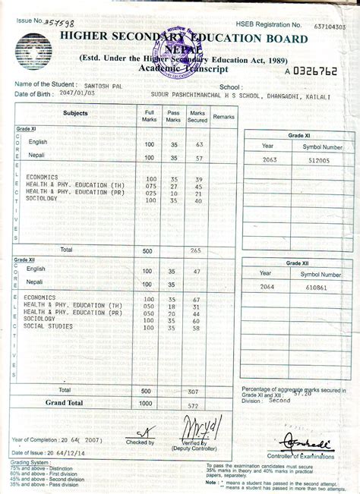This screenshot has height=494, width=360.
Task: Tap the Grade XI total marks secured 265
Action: [195, 250]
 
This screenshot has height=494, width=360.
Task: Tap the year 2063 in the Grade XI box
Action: [270, 161]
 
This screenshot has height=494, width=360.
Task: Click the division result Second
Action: [279, 401]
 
